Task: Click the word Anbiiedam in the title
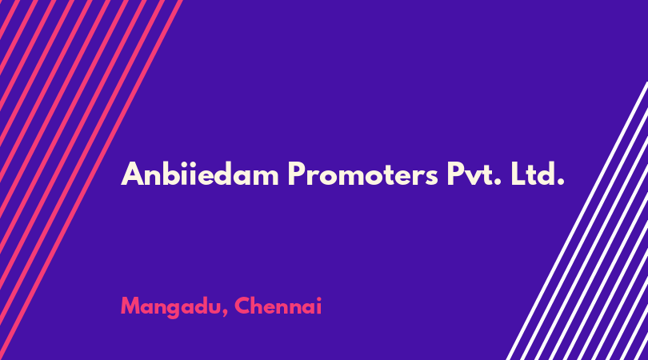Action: (200, 174)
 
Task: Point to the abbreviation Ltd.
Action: (538, 174)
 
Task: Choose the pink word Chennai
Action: (278, 306)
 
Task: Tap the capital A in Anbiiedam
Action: (132, 174)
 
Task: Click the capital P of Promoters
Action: (297, 174)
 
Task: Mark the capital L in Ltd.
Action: (518, 174)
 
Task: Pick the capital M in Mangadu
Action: (131, 306)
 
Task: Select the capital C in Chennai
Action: (242, 306)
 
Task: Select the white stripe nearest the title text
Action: (577, 221)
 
